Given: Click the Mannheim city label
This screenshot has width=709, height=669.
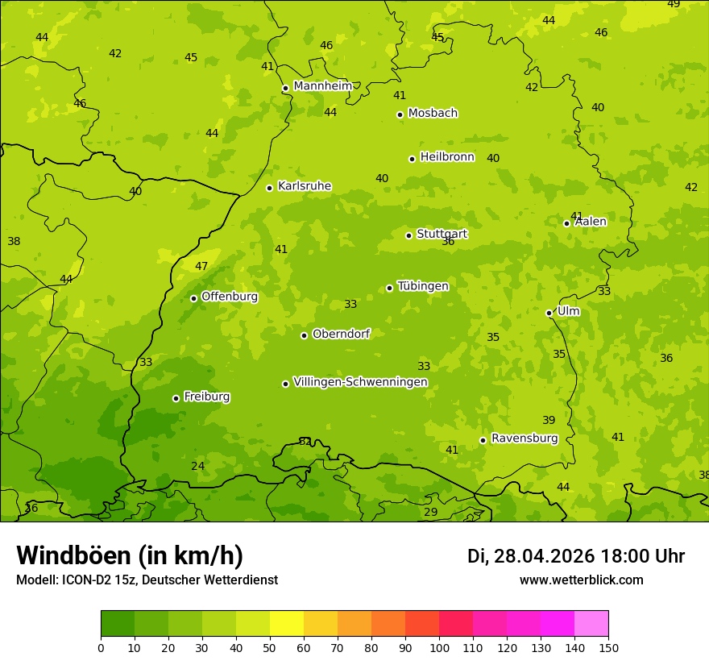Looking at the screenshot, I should [x=322, y=86].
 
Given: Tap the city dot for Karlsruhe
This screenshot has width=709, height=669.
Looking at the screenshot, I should [x=269, y=188].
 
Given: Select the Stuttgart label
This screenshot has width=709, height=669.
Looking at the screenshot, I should [x=442, y=235].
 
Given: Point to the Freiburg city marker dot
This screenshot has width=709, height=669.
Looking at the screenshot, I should [x=176, y=398].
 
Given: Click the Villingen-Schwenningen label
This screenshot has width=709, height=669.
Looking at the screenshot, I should [x=360, y=382].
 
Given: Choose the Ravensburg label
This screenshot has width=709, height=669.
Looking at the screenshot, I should [x=524, y=438].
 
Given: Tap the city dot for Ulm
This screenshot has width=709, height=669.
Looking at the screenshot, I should [x=549, y=313].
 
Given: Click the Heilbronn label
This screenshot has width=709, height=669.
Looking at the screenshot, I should [x=447, y=157].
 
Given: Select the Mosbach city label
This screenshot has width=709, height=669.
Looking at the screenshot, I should [x=433, y=114].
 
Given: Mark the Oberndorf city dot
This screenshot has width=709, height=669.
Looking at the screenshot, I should [x=304, y=335].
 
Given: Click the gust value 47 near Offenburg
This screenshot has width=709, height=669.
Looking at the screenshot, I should [x=201, y=267].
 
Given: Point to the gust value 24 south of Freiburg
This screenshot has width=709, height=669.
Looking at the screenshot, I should [x=198, y=467].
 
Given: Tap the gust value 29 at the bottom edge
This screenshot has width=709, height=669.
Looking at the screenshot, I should [x=431, y=513].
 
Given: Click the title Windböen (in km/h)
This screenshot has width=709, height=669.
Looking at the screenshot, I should [x=130, y=555].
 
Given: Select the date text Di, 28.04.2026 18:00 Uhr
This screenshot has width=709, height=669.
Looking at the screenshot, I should [x=576, y=556].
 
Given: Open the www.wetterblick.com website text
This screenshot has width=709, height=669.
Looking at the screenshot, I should [x=581, y=580].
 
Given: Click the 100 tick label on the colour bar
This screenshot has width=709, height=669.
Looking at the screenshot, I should [x=439, y=647].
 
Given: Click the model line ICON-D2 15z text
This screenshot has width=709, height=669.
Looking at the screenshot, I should [x=147, y=580].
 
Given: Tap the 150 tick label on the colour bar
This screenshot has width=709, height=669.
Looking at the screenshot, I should [x=608, y=647].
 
